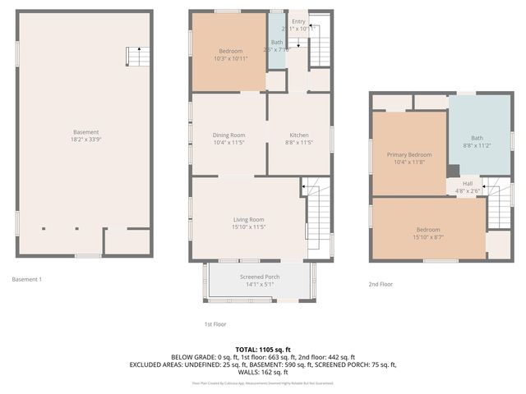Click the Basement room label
[x=85, y=132]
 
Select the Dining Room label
[x=228, y=135]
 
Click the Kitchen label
[x=298, y=135]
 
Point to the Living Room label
[x=248, y=219]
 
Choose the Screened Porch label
[x=260, y=277]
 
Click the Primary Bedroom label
[x=409, y=154]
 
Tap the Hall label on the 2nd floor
[x=468, y=183]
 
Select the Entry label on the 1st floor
[x=298, y=21]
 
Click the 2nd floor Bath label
[x=477, y=138]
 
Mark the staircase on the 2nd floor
[x=498, y=208]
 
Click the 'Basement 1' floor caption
[x=27, y=279]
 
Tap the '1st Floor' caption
[x=215, y=324]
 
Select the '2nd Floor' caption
[x=381, y=284]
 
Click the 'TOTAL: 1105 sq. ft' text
[x=262, y=349]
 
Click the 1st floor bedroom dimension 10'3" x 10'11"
[x=230, y=58]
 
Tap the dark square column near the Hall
[x=453, y=172]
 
